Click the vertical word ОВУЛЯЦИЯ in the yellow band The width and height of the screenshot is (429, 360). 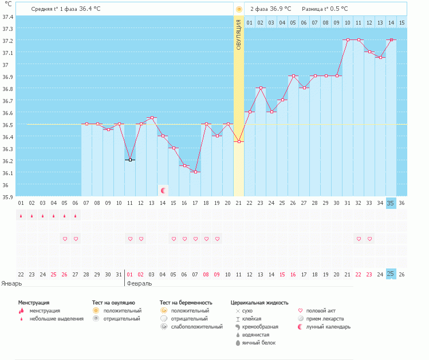point(239,34)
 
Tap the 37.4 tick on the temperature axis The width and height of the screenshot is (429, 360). point(7,17)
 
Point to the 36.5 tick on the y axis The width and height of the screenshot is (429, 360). point(7,125)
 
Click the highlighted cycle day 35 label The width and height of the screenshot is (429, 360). point(391,203)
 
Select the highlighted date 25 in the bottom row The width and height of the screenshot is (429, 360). point(391,274)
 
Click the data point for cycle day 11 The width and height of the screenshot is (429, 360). point(130,160)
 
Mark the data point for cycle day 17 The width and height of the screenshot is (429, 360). point(195,172)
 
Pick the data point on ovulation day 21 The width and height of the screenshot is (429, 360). point(239,142)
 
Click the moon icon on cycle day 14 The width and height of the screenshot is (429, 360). point(163,190)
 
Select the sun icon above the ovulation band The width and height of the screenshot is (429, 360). point(239,9)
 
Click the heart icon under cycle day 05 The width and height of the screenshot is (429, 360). point(65,239)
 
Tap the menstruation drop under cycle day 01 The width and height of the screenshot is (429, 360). point(21,216)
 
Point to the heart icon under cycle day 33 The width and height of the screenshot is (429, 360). point(369,239)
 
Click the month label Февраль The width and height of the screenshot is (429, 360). point(139,283)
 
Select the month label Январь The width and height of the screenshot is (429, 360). point(11,283)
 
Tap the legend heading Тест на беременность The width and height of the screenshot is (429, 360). point(186,302)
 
